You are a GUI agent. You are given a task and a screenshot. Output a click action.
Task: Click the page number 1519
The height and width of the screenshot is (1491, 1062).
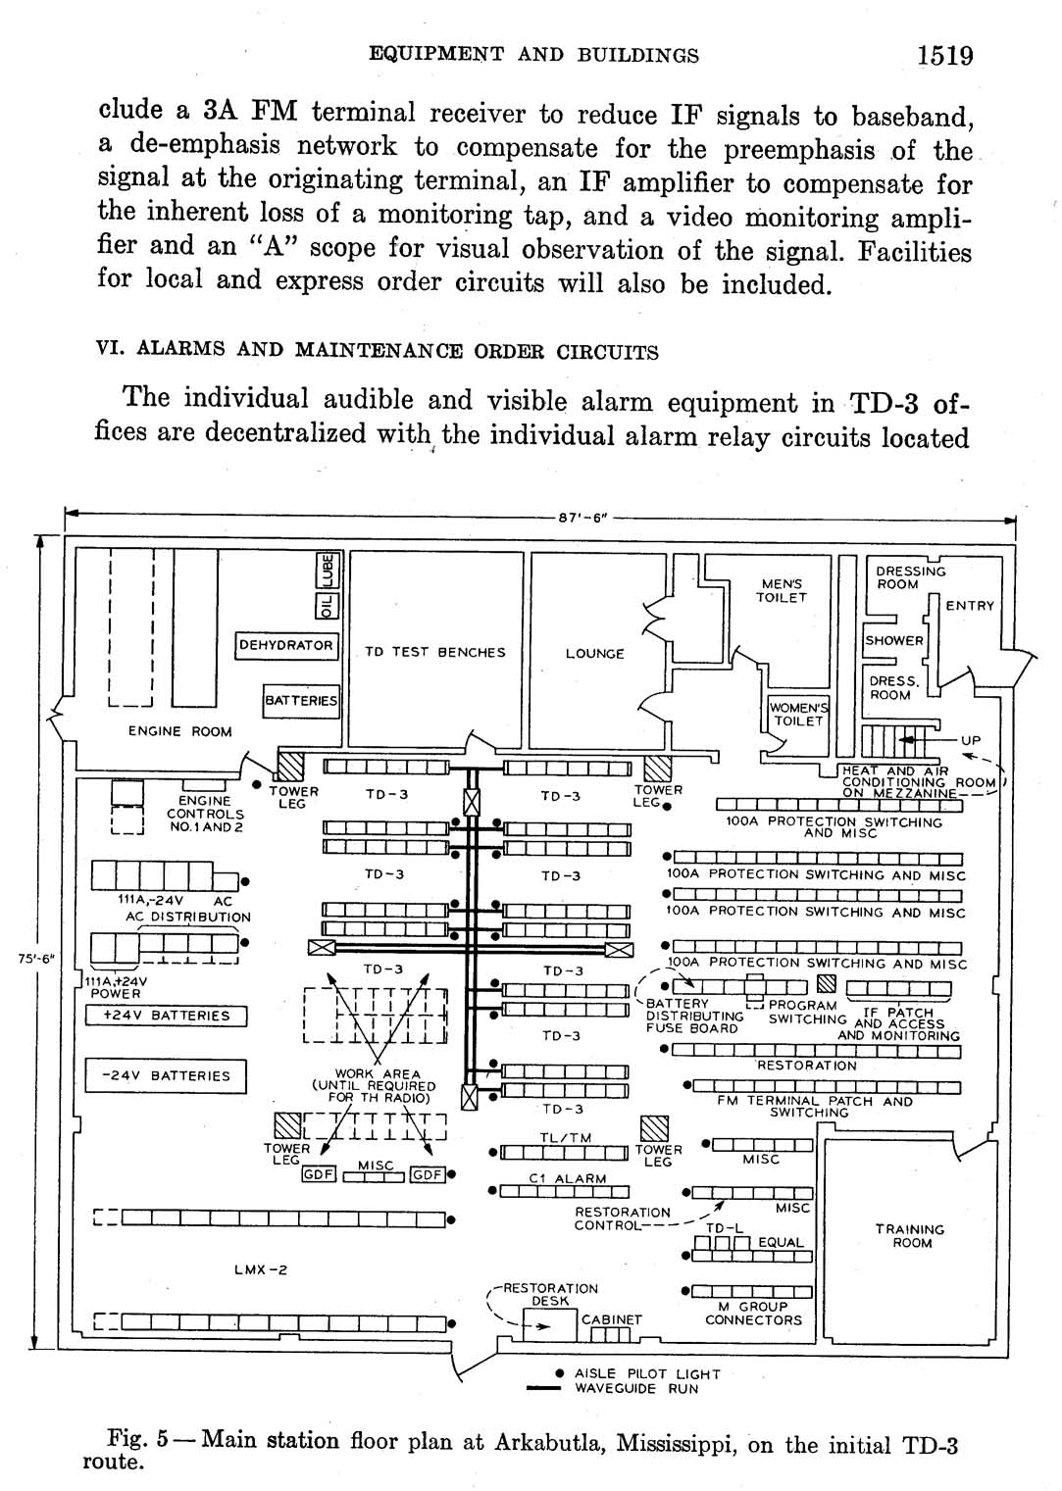click(x=944, y=55)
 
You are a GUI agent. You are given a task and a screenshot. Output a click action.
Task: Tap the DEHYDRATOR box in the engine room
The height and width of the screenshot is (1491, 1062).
click(x=287, y=645)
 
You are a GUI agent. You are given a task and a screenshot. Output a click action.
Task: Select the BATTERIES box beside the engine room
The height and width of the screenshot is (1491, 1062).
click(x=301, y=701)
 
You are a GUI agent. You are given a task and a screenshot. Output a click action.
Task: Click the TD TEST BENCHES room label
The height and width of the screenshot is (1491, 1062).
click(x=434, y=652)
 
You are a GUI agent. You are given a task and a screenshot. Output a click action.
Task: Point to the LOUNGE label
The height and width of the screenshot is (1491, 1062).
click(x=594, y=654)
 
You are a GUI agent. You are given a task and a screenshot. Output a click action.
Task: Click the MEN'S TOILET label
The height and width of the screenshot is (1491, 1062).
click(x=781, y=590)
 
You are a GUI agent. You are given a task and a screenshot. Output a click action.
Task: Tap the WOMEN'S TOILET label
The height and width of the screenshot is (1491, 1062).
click(x=798, y=715)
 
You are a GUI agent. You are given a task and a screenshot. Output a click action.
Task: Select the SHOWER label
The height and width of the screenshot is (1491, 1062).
click(x=893, y=640)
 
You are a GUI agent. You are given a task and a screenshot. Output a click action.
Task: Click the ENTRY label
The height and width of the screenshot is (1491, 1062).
click(x=970, y=606)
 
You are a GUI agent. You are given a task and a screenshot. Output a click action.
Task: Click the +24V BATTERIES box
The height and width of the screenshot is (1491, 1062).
click(x=166, y=1016)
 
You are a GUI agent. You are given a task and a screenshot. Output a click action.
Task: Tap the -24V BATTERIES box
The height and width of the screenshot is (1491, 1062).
click(x=166, y=1076)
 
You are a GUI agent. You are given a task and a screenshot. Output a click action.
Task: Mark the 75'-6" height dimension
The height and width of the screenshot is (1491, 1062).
click(x=35, y=959)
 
